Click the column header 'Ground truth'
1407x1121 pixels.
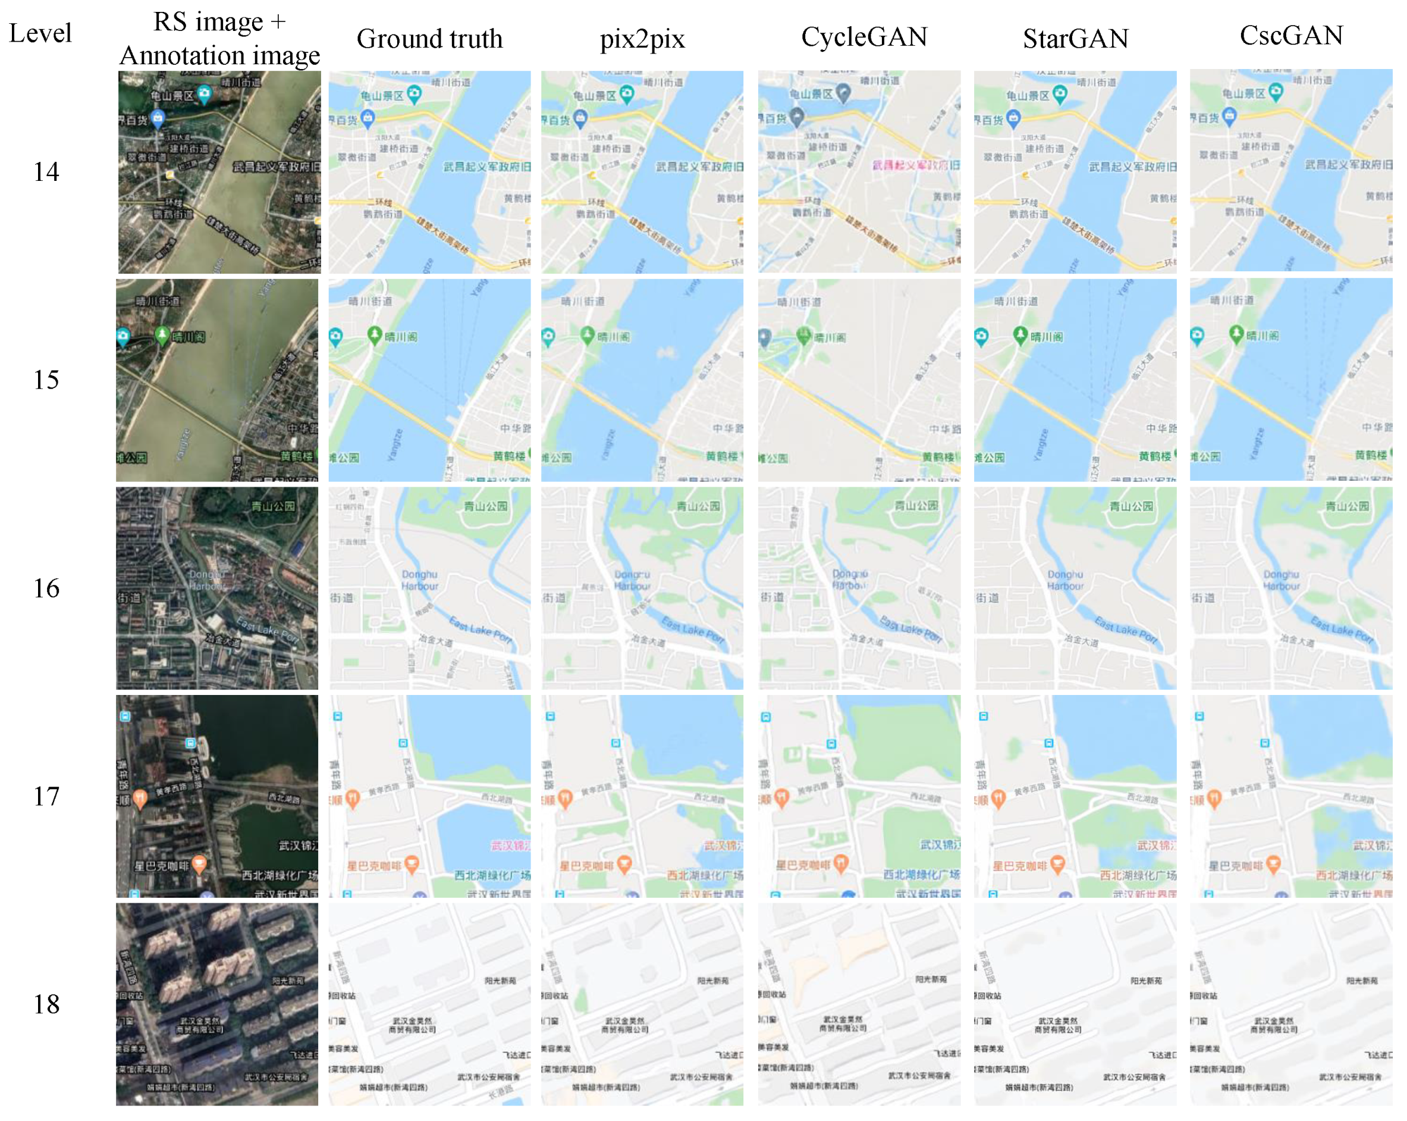coord(429,39)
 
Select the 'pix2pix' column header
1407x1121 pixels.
coord(642,39)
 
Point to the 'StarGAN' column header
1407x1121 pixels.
coord(1076,39)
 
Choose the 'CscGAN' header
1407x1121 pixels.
coord(1291,36)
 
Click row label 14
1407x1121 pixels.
coord(46,173)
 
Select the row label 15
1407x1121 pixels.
coord(46,380)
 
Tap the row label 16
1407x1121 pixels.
coord(46,588)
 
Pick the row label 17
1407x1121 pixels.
coord(46,797)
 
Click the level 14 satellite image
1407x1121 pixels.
coord(219,173)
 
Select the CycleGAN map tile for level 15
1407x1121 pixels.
coord(859,380)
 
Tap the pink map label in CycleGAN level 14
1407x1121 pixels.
coord(916,165)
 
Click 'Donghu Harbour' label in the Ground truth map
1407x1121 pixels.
coord(420,580)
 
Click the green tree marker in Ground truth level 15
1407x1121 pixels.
coord(375,335)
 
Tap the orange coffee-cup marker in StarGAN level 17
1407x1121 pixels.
coord(1057,865)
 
